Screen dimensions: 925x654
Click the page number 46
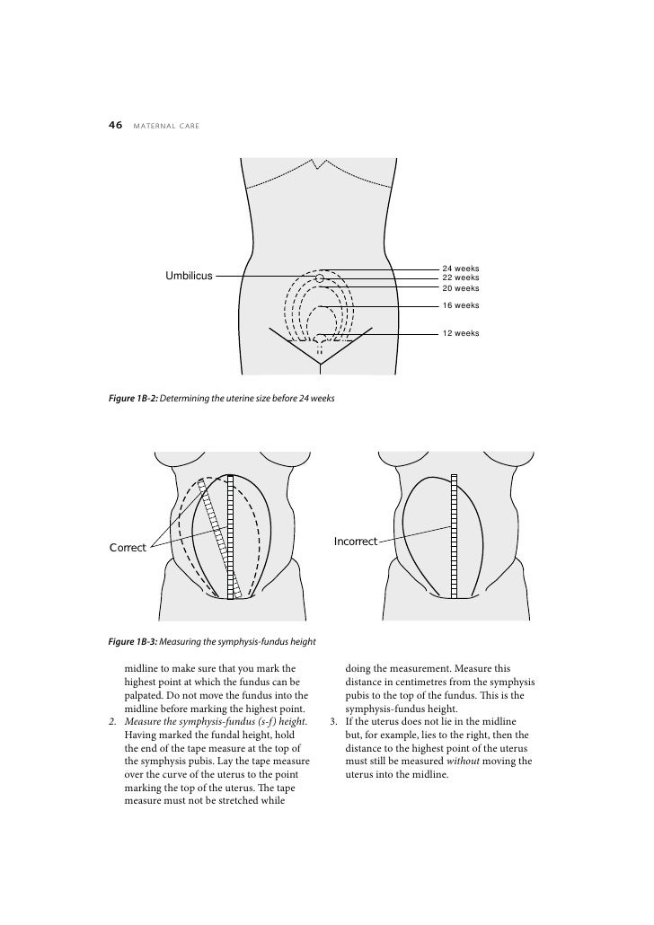click(115, 127)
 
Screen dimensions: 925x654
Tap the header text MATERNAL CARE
click(165, 128)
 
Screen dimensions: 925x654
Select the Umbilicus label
click(188, 276)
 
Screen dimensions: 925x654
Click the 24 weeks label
click(461, 269)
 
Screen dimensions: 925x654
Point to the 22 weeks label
click(461, 278)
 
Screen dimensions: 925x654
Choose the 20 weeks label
click(461, 288)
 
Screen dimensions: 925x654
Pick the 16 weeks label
click(461, 305)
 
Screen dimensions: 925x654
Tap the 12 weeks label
click(461, 333)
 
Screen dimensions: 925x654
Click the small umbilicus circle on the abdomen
click(319, 278)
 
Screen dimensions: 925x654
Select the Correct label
click(128, 547)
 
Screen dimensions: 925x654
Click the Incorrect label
click(356, 542)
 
